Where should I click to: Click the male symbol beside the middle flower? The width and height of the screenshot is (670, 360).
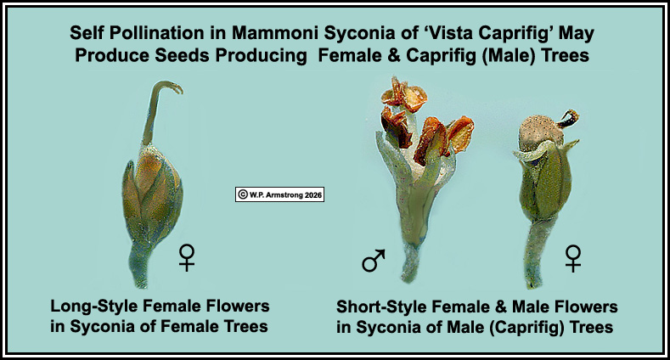click(x=373, y=261)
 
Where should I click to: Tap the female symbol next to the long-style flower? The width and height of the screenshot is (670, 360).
click(x=187, y=257)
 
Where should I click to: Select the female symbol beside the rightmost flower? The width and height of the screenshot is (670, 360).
click(x=573, y=258)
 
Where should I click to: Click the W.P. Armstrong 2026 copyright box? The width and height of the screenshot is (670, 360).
click(x=280, y=194)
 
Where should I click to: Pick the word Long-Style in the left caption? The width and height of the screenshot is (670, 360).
click(x=94, y=307)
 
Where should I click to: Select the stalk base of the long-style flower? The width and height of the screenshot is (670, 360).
click(x=140, y=270)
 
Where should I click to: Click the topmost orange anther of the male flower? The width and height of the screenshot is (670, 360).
click(x=404, y=95)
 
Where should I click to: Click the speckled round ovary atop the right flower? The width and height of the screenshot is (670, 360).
click(x=539, y=130)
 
